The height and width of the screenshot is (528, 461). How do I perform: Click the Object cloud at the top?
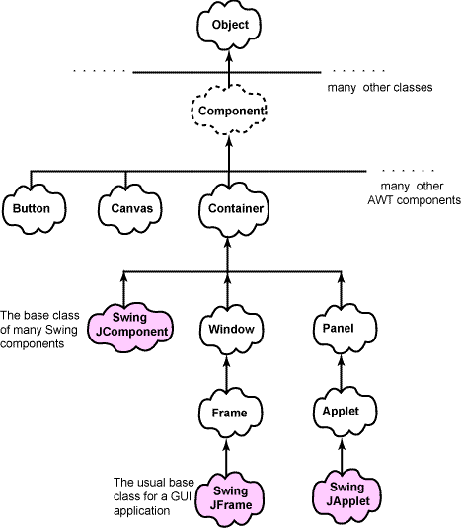coord(229,26)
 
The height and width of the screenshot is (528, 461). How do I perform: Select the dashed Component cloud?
coord(229,111)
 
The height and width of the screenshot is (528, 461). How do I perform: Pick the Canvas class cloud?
coord(130,209)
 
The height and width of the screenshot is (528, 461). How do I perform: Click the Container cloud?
coord(233,209)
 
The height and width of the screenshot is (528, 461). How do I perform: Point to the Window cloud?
coord(231,329)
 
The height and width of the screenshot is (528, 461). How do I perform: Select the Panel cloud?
coord(345,329)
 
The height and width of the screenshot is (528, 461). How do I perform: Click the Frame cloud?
coord(230,413)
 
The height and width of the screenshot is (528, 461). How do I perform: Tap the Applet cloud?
coord(345,412)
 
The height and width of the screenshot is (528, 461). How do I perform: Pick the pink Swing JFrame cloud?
coord(230,498)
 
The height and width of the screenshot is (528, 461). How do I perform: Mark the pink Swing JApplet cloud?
coord(346,495)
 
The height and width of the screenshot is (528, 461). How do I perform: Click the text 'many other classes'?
coord(380,88)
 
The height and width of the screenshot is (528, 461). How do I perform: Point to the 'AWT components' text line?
coord(415,200)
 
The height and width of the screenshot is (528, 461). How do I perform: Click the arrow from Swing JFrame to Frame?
coord(226,457)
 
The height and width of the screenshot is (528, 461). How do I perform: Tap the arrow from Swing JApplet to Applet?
coord(342,456)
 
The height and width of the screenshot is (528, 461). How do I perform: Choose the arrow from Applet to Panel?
coord(342,372)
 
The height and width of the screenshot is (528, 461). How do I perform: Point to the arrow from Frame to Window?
coord(227,372)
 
